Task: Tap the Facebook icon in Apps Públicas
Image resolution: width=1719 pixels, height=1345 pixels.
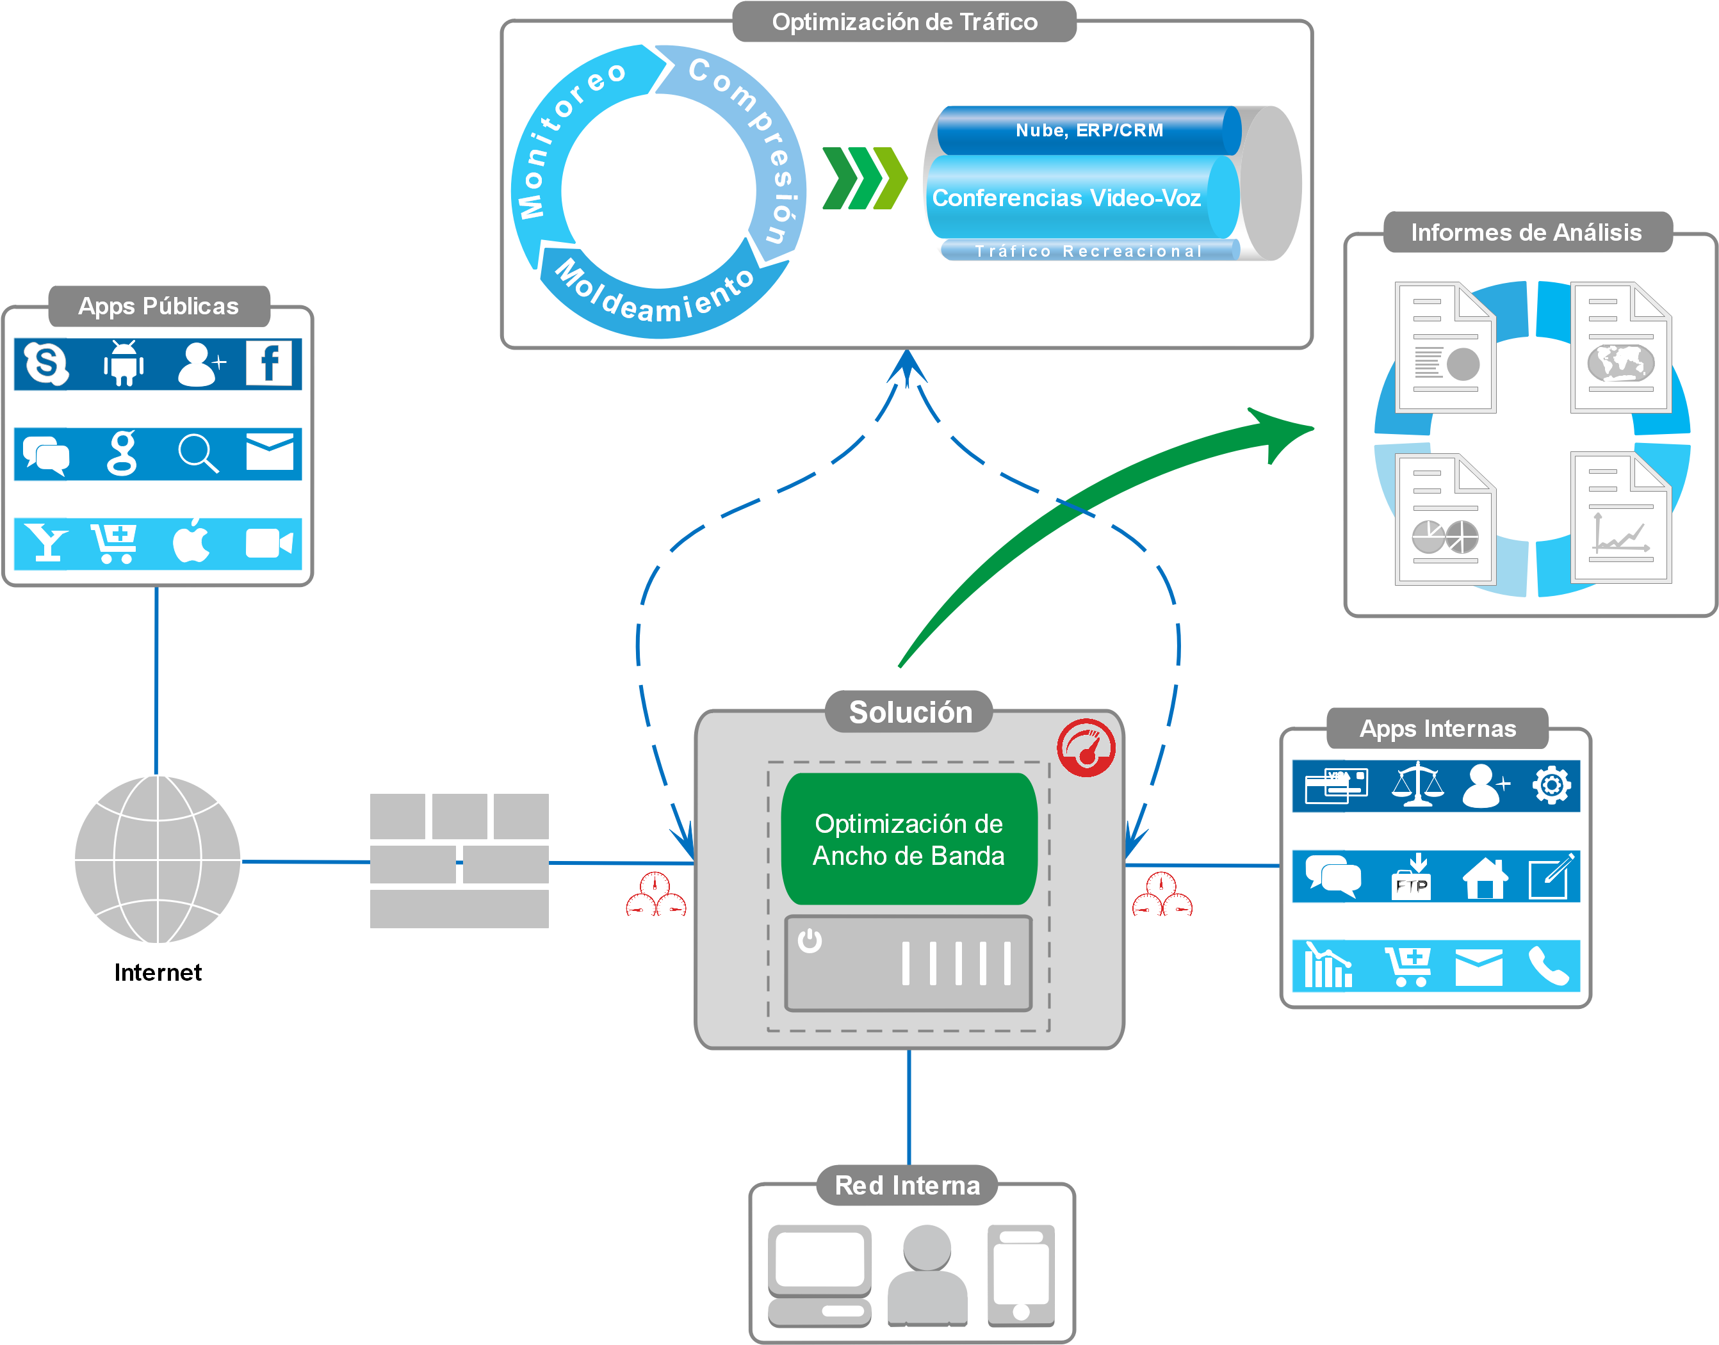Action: click(268, 363)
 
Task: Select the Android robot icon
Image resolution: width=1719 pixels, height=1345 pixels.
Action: click(124, 364)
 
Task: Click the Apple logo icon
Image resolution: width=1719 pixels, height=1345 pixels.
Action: click(191, 541)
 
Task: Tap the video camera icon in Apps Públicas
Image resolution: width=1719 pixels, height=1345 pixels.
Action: click(268, 544)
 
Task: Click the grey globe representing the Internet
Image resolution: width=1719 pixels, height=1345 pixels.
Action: click(158, 859)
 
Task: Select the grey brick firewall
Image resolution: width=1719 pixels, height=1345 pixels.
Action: click(459, 860)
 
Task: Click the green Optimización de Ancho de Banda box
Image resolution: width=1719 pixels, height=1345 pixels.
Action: click(909, 839)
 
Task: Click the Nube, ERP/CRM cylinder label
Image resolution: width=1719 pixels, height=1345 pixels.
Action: click(1089, 130)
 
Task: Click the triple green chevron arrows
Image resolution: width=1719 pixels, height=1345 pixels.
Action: click(863, 178)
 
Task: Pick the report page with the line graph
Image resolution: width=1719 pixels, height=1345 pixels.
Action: click(1620, 519)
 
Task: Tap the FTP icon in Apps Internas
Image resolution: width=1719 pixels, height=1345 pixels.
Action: click(1412, 877)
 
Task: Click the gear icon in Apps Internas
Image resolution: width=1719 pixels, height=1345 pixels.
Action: click(1551, 785)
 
